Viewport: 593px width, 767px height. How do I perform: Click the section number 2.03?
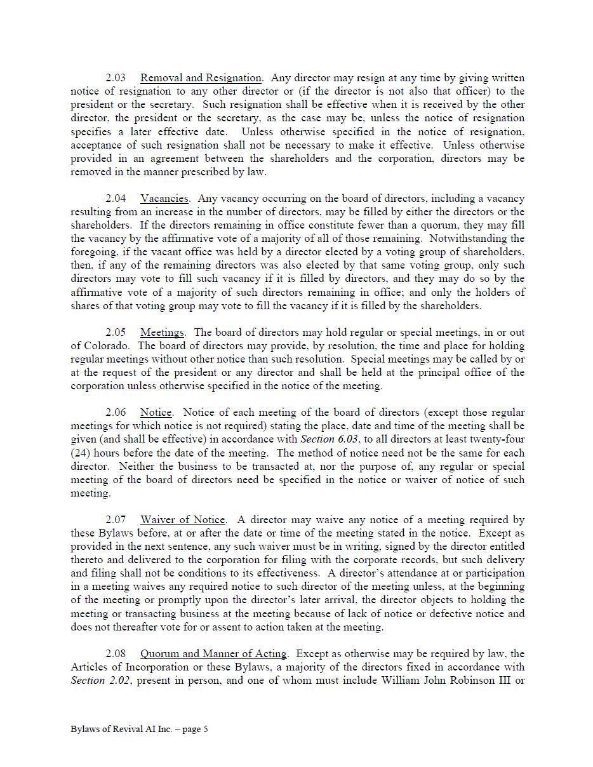(x=116, y=78)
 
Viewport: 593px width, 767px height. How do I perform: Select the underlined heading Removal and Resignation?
(x=201, y=78)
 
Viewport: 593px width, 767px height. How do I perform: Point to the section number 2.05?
(x=116, y=333)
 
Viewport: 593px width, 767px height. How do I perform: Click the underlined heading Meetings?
(x=162, y=333)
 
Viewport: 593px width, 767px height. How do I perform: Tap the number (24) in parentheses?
(x=80, y=453)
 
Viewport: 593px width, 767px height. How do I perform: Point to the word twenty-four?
(x=496, y=439)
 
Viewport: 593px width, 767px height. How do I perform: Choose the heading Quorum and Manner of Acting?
(x=214, y=654)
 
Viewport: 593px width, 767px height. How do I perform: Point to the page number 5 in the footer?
(x=205, y=730)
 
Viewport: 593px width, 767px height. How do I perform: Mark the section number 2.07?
(x=116, y=520)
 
